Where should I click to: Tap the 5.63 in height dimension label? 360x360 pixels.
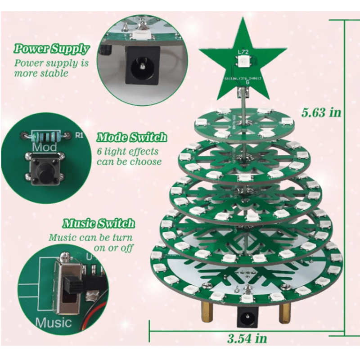click(x=321, y=112)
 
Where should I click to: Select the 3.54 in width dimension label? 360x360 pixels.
click(x=247, y=337)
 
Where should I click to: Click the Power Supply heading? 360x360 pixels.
click(x=51, y=49)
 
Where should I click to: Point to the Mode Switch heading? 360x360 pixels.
click(x=132, y=137)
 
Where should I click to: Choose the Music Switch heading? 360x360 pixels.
click(x=99, y=223)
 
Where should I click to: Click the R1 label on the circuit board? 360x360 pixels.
click(x=79, y=134)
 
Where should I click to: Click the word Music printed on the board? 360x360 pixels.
click(x=54, y=322)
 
